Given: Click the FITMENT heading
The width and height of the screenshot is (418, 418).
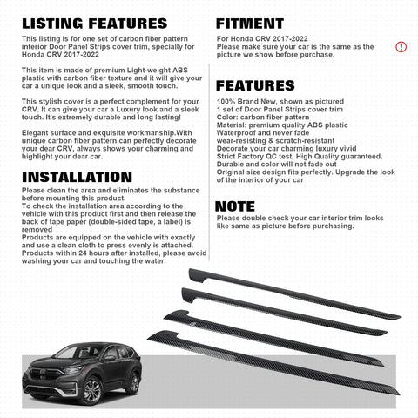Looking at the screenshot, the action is pyautogui.click(x=249, y=24).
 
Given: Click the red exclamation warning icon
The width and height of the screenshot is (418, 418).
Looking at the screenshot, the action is pyautogui.click(x=401, y=46).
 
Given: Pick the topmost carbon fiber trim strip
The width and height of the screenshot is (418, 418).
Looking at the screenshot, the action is pyautogui.click(x=287, y=291).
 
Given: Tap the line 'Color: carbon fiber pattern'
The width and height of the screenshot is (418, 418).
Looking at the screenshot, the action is pyautogui.click(x=259, y=117).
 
